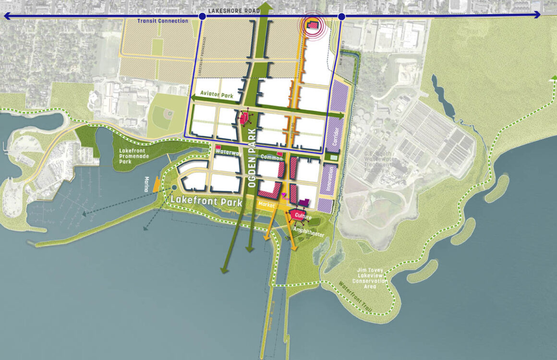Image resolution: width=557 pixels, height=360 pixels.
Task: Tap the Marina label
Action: [x=147, y=184]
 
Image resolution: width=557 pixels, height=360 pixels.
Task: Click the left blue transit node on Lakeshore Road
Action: [x=202, y=17]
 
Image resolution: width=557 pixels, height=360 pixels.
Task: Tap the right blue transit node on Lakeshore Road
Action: [x=341, y=17]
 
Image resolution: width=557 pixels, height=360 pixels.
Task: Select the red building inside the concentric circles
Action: [x=313, y=25]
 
